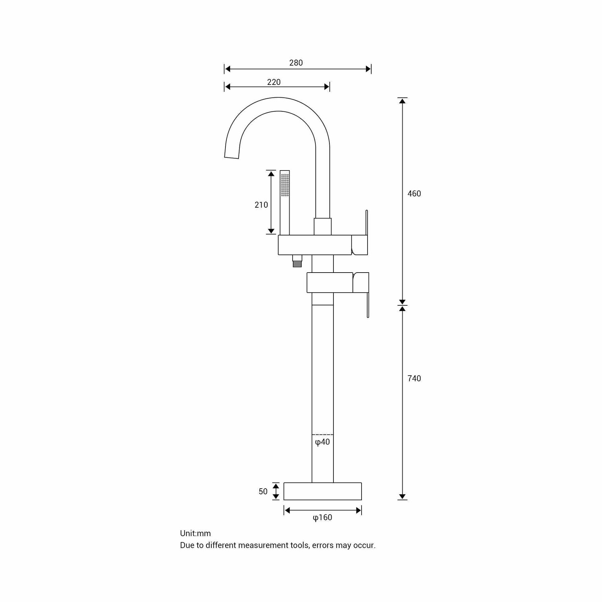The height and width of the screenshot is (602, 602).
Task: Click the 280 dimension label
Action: (x=296, y=63)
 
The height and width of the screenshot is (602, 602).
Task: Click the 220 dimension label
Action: (x=274, y=82)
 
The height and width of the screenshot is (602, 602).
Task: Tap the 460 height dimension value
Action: (x=414, y=194)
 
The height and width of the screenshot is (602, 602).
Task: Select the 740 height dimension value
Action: (x=414, y=379)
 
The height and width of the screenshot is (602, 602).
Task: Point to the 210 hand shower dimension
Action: (x=261, y=205)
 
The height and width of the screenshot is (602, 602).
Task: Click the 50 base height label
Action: (x=263, y=492)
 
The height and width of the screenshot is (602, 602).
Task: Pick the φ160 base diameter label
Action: (x=322, y=518)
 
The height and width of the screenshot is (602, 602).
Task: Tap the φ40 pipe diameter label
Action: (x=322, y=442)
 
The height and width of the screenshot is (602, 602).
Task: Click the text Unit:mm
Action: (x=195, y=533)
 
